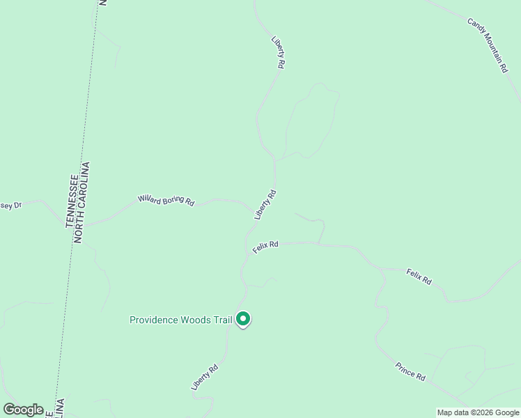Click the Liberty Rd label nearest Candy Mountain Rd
point(279,53)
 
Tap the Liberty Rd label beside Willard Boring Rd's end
point(265,205)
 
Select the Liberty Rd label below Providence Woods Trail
point(205,377)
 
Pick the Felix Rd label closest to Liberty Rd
point(265,247)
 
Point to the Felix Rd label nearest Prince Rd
point(419,277)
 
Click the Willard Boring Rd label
point(166,200)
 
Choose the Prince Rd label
point(410,371)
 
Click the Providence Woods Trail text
point(180,320)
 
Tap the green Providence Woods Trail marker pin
point(243,319)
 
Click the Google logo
point(23,409)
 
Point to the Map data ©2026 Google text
point(477,412)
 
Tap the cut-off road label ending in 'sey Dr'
point(11,206)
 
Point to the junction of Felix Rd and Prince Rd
point(384,271)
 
